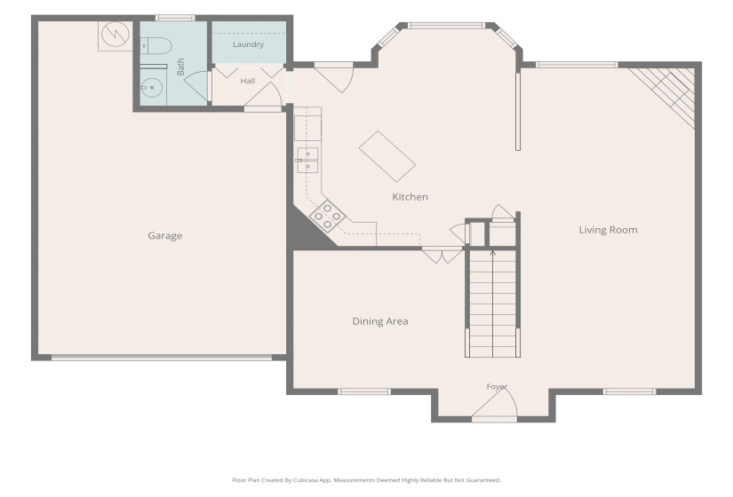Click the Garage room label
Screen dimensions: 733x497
pos(165,235)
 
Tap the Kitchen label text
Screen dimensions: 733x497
pos(410,197)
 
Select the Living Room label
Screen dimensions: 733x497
pos(609,230)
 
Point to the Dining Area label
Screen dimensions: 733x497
pos(380,321)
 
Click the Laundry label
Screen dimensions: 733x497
pos(248,44)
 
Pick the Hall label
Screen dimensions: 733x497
pos(248,81)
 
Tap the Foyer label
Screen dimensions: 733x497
pos(497,387)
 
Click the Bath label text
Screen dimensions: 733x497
pos(181,67)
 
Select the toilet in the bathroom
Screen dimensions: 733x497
pos(155,46)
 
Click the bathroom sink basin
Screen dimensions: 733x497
pos(151,88)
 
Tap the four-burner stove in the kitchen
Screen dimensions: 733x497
pos(327,216)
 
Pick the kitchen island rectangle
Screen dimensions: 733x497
pos(387,156)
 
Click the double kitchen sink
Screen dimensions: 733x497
pos(308,161)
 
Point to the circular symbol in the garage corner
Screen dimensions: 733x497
pos(115,35)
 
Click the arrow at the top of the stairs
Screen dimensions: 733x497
pos(493,254)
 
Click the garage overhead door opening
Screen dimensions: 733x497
pos(162,358)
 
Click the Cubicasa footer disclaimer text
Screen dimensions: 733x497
pos(366,480)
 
